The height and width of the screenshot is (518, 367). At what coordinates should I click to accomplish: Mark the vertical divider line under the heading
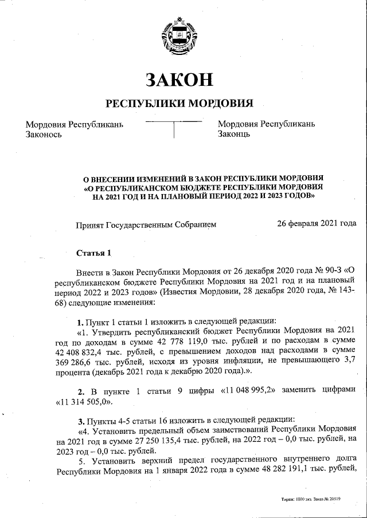tap(174, 131)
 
